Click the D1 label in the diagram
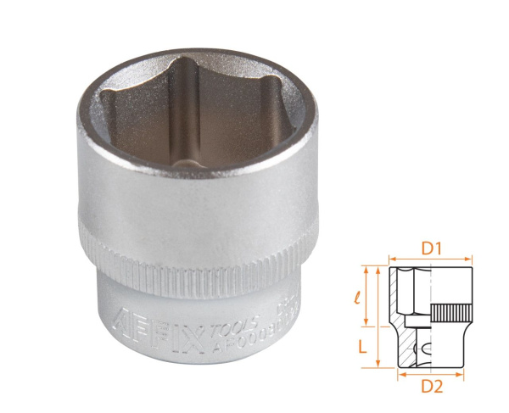(x=430, y=249)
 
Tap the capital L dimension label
(x=360, y=346)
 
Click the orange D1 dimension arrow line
(x=430, y=261)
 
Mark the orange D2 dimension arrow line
(x=430, y=371)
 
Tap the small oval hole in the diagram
(x=424, y=347)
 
